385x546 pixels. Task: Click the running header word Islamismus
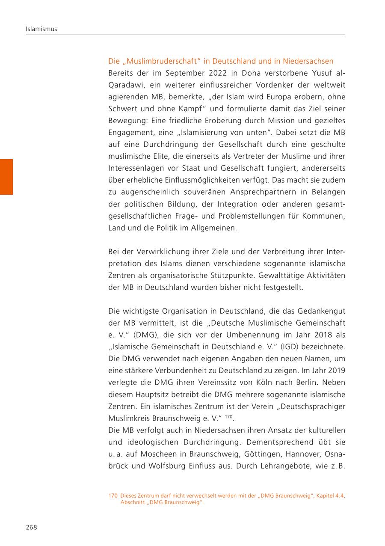[x=41, y=29]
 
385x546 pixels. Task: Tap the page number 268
[x=31, y=527]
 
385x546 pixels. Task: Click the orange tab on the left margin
[x=6, y=177]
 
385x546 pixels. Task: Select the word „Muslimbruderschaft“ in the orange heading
[x=156, y=61]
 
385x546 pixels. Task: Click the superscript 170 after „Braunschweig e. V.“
[x=229, y=415]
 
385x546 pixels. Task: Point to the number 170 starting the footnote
[x=113, y=496]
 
